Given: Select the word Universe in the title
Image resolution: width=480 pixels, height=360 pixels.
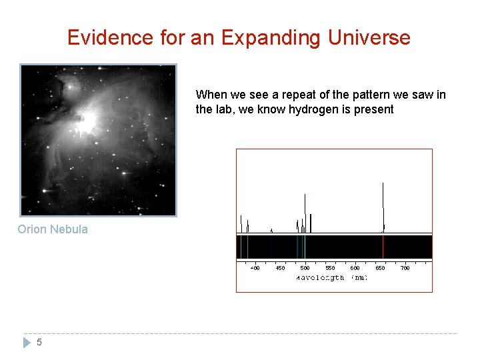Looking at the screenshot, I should click(x=369, y=38).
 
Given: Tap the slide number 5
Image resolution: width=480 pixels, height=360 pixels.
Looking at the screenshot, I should click(x=39, y=343).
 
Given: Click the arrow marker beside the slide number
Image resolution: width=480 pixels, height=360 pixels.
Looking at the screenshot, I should click(x=27, y=343).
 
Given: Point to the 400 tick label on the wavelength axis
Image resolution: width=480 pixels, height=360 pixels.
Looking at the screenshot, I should click(x=255, y=268).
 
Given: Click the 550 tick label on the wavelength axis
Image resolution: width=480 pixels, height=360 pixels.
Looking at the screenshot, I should click(x=330, y=268).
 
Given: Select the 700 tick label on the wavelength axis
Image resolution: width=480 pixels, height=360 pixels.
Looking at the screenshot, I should click(x=405, y=268).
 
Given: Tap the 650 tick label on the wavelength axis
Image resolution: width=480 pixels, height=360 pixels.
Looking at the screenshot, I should click(x=380, y=268).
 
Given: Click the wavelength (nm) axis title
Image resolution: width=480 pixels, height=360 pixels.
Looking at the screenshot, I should click(x=331, y=277).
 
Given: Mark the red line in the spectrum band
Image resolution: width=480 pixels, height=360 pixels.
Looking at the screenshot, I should click(x=383, y=247).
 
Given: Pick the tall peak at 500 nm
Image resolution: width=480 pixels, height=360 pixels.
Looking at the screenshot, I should click(x=305, y=210).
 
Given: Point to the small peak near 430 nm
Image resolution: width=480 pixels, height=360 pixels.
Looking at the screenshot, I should click(x=271, y=230).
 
